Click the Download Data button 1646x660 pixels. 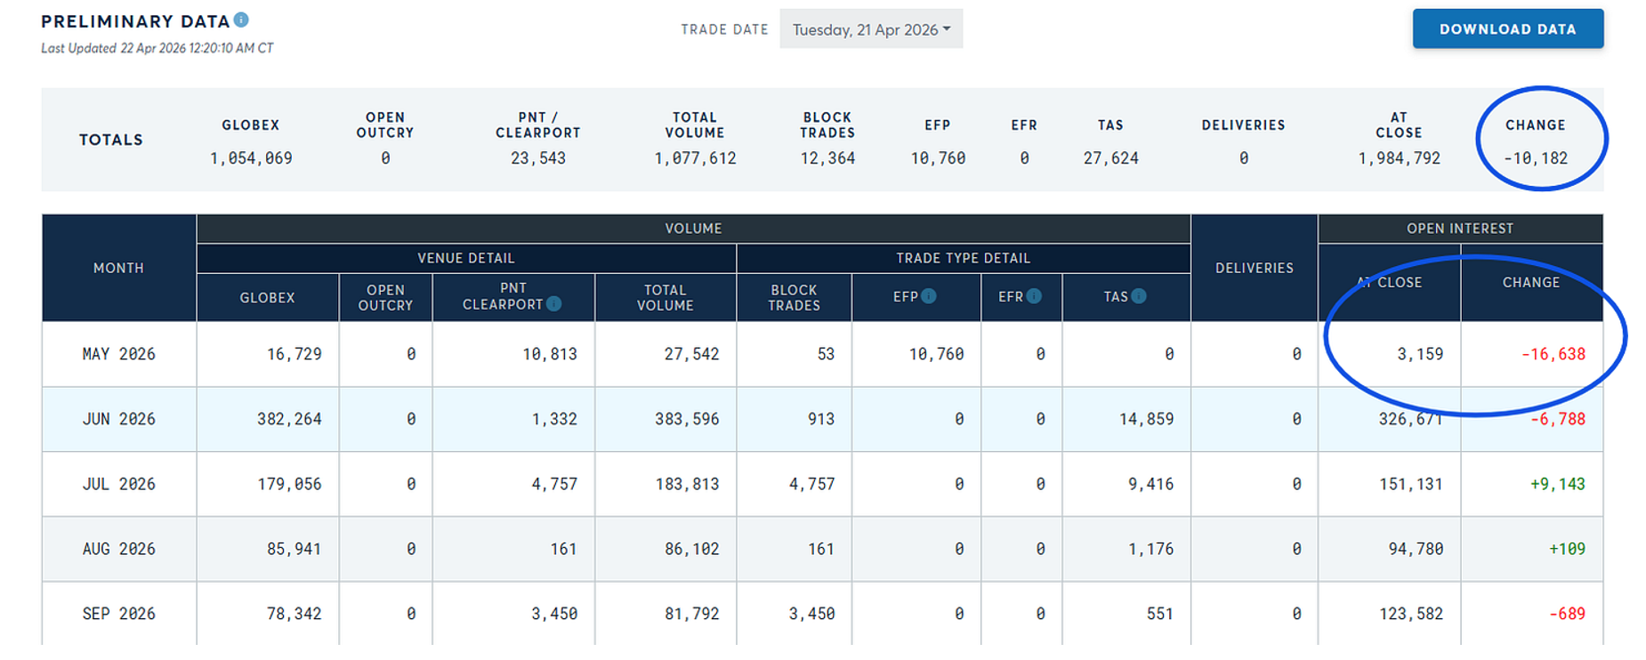click(1507, 29)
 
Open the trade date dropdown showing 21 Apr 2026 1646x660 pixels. click(871, 29)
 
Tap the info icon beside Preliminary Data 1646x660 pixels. click(241, 20)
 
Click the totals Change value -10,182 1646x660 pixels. click(1536, 158)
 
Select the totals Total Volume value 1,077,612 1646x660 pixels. click(695, 158)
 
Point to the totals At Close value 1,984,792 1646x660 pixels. click(1399, 158)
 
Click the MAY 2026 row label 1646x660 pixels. click(118, 354)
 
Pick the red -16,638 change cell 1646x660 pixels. click(1553, 354)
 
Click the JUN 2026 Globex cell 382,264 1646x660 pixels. click(289, 419)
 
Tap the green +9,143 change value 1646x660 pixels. click(1557, 484)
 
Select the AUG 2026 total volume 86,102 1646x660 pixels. click(691, 549)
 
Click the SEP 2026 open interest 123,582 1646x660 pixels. click(1411, 614)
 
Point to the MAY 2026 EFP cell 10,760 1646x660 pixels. click(936, 354)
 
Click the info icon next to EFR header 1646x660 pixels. click(1034, 296)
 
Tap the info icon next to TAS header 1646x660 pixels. click(1139, 296)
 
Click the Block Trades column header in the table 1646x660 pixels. click(794, 297)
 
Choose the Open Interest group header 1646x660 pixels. click(1459, 229)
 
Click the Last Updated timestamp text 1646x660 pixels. click(157, 48)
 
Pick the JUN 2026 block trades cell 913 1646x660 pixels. click(820, 419)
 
